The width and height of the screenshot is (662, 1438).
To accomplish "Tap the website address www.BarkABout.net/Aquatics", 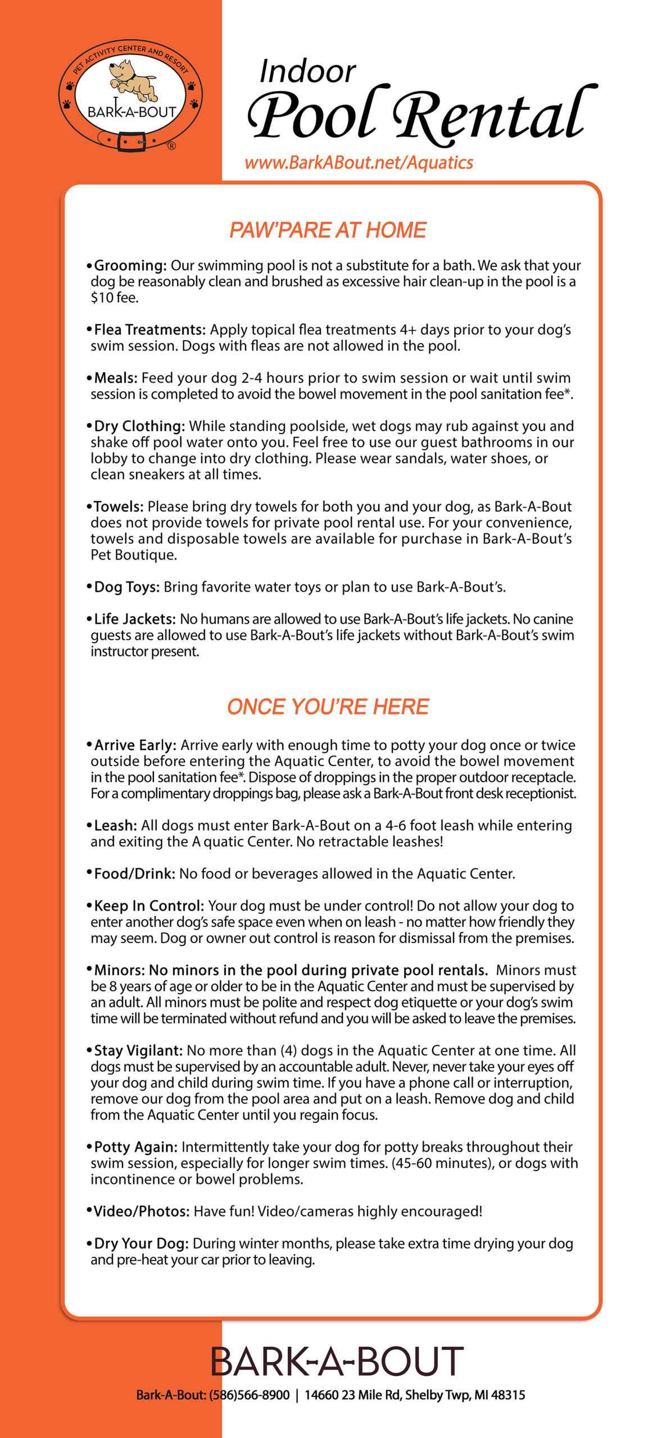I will [x=359, y=163].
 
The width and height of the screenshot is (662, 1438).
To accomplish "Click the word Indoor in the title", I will [x=307, y=72].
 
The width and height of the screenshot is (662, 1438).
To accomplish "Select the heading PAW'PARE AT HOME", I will [x=328, y=230].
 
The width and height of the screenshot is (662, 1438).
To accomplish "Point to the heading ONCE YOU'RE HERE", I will [x=328, y=707].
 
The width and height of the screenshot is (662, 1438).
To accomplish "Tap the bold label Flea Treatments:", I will [x=149, y=330].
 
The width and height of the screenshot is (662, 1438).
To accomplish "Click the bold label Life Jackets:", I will [x=135, y=619].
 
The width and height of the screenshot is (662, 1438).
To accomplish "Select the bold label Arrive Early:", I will [x=135, y=745].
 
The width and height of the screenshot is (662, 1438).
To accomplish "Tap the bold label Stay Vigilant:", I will [x=138, y=1051].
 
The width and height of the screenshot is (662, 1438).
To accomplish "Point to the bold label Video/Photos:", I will [x=141, y=1212].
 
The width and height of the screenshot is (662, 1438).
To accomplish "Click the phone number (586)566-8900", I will [x=250, y=1395].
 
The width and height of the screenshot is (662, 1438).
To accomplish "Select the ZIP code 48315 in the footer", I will [x=510, y=1395].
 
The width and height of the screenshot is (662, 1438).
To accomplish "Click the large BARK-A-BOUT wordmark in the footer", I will [x=337, y=1362].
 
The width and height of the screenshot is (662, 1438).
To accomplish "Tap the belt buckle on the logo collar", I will [x=130, y=141].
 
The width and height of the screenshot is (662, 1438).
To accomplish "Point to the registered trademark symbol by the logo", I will [x=171, y=146].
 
